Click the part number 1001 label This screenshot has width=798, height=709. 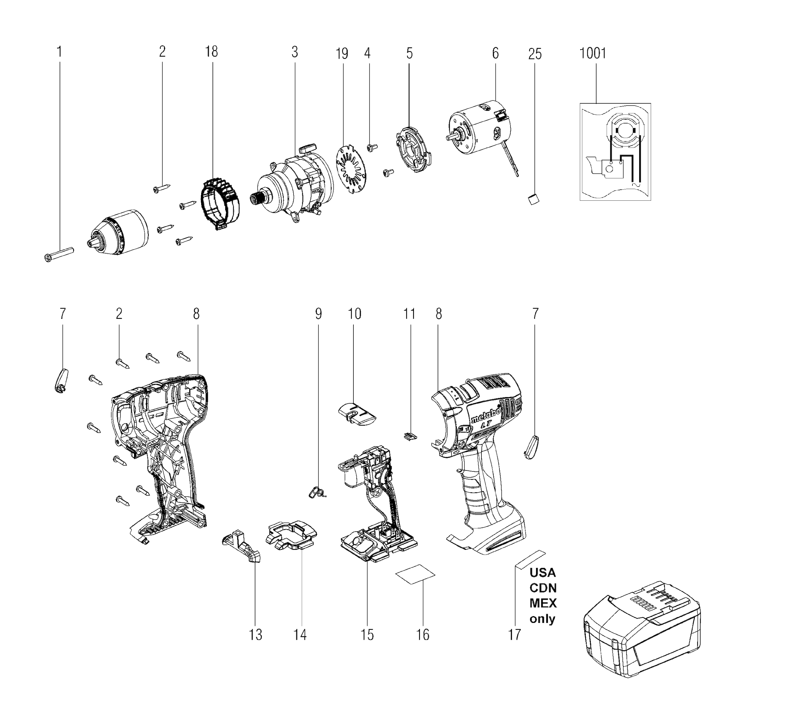point(592,53)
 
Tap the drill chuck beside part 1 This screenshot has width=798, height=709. point(117,233)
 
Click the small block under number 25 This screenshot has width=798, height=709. point(533,199)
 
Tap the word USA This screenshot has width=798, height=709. point(542,572)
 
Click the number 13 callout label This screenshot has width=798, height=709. point(256,635)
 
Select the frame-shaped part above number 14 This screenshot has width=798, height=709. point(291,535)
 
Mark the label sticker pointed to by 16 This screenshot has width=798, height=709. point(415,574)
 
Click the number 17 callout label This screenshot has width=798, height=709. point(515,635)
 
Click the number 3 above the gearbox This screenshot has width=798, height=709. point(294,52)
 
